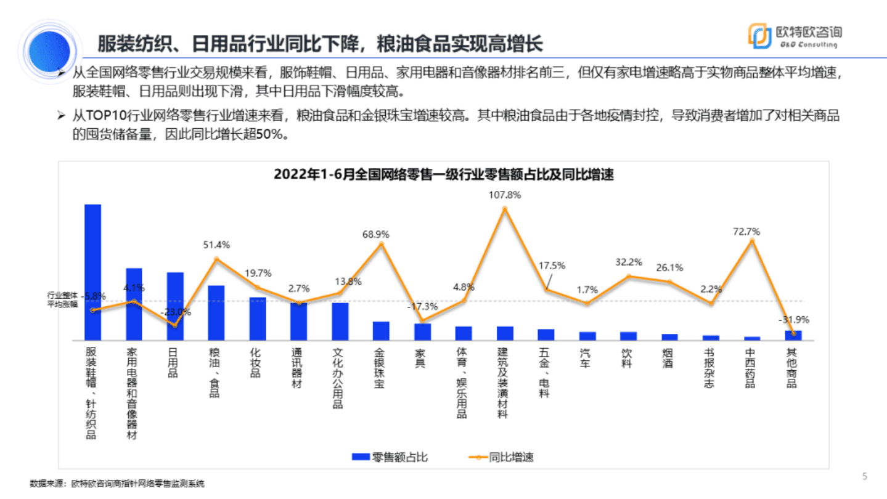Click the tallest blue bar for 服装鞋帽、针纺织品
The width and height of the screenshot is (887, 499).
click(x=92, y=272)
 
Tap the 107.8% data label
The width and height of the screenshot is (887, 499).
click(x=504, y=195)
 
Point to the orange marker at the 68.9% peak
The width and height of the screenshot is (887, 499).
click(x=381, y=244)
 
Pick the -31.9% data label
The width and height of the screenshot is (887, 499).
click(x=793, y=320)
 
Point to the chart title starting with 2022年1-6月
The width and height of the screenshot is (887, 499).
click(x=444, y=174)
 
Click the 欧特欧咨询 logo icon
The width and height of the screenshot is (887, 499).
click(x=759, y=36)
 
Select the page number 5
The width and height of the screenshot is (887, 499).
click(x=864, y=476)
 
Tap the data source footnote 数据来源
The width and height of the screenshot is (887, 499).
click(x=116, y=484)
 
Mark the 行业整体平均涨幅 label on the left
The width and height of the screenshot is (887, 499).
click(x=63, y=300)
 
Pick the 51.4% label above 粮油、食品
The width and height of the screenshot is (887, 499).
click(x=216, y=245)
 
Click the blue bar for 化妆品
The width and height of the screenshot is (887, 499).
click(x=258, y=318)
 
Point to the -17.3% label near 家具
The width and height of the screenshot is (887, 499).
click(x=422, y=306)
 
